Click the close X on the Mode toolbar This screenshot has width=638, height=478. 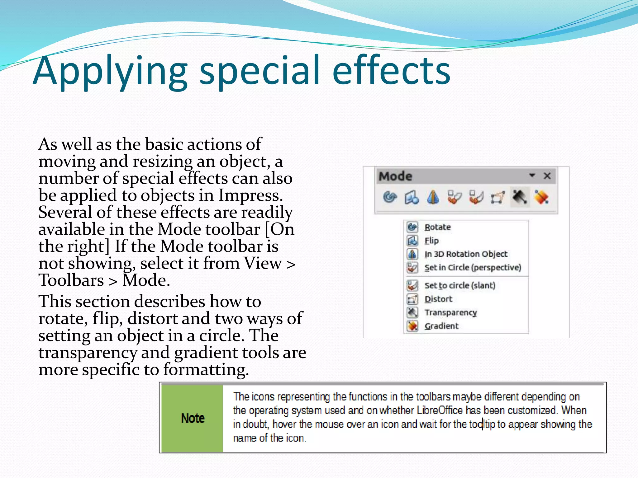coord(547,176)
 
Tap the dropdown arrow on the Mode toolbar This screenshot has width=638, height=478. coord(532,175)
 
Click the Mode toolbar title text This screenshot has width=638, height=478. coord(395,176)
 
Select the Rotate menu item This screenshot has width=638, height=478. coord(437,227)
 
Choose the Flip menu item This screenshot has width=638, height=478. coord(431,241)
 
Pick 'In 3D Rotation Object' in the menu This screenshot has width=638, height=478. coord(466,254)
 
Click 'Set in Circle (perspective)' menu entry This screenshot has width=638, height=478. coord(473,268)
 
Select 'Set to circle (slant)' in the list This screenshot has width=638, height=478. coord(460,285)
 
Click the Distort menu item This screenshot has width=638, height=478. coord(438,299)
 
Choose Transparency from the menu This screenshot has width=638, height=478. coord(450,312)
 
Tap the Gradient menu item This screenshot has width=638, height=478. coord(441,326)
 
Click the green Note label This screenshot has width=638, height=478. coord(193,418)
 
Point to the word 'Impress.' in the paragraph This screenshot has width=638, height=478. coord(250,195)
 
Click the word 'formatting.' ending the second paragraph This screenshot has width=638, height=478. coord(206,370)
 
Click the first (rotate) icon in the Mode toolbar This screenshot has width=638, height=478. coord(390,197)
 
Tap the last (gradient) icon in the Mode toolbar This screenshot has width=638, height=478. coord(541,197)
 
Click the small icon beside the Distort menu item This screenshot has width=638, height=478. coord(412,299)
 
